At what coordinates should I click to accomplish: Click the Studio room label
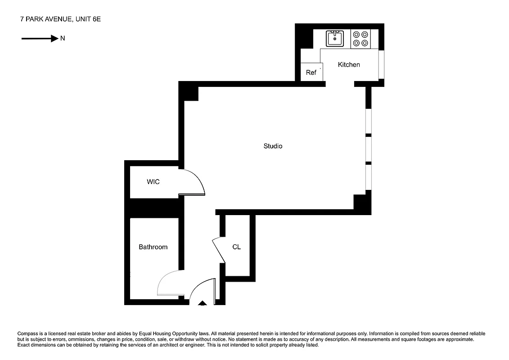273,146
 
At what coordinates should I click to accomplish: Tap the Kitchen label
349,65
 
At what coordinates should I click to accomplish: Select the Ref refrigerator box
311,72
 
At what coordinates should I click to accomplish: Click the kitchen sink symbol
334,39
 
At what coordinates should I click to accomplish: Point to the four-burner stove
360,39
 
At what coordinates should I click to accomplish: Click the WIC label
153,182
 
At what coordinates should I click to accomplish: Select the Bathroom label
153,247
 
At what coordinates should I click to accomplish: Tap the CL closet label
237,247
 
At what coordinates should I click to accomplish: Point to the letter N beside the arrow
63,39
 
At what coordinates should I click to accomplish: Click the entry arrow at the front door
203,304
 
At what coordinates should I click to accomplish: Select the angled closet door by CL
219,250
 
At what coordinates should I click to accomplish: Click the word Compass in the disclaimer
28,333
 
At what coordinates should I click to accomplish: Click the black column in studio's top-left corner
189,92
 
